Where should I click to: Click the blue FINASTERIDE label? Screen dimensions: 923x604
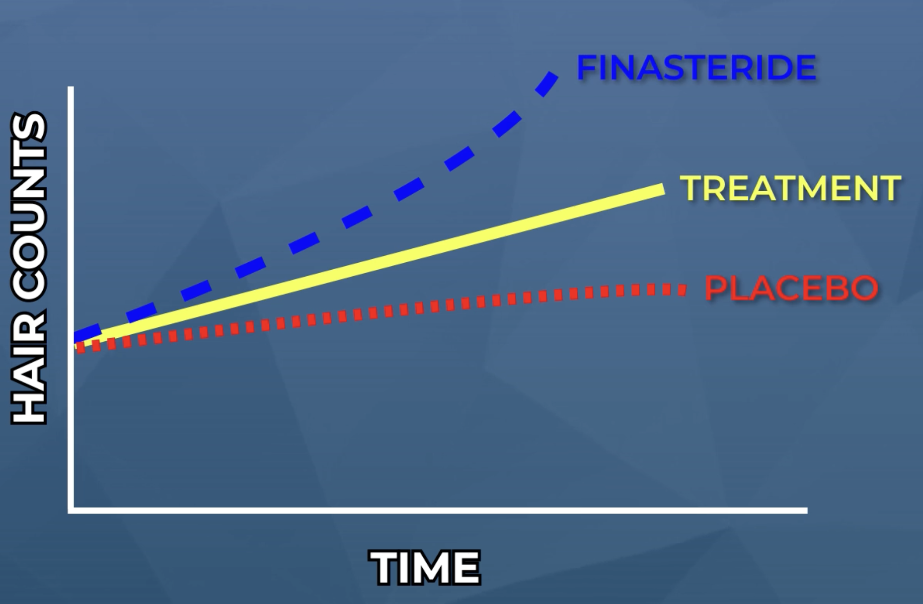pos(696,68)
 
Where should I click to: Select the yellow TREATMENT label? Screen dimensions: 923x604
pos(790,188)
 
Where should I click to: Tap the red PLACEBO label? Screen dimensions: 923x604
pos(791,288)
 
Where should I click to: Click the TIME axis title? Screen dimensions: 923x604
pos(425,567)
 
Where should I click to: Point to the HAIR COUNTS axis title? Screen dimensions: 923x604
pos(29,268)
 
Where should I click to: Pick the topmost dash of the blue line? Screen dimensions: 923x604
pos(547,84)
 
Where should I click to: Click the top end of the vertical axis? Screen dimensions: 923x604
pos(71,88)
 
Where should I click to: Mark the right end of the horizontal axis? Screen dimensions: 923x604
pos(806,510)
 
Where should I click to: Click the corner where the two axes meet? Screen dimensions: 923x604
pos(71,510)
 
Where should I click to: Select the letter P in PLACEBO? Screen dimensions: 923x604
pos(715,288)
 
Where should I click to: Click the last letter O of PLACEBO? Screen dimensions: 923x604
pos(864,288)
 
